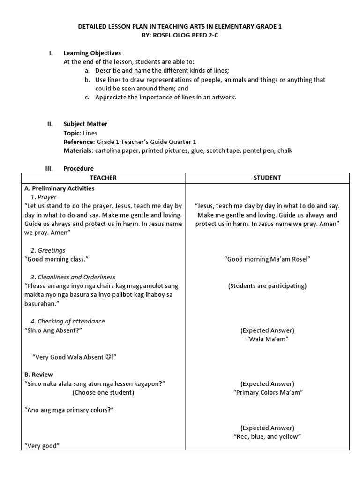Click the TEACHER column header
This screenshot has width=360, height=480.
(103, 178)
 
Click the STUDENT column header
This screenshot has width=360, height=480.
(267, 178)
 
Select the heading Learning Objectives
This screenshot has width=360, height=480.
(92, 53)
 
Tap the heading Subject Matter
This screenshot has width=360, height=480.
(85, 124)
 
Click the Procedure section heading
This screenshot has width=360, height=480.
(79, 168)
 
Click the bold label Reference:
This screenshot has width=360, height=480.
(79, 142)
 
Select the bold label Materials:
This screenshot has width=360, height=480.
(78, 150)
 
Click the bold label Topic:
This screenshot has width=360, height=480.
(73, 133)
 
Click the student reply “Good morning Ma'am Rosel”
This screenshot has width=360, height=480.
(268, 259)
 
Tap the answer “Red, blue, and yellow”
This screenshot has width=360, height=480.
(267, 436)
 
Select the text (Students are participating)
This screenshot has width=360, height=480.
(267, 286)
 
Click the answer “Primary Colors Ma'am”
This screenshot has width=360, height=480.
(268, 392)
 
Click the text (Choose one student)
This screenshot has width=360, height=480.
(103, 392)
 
